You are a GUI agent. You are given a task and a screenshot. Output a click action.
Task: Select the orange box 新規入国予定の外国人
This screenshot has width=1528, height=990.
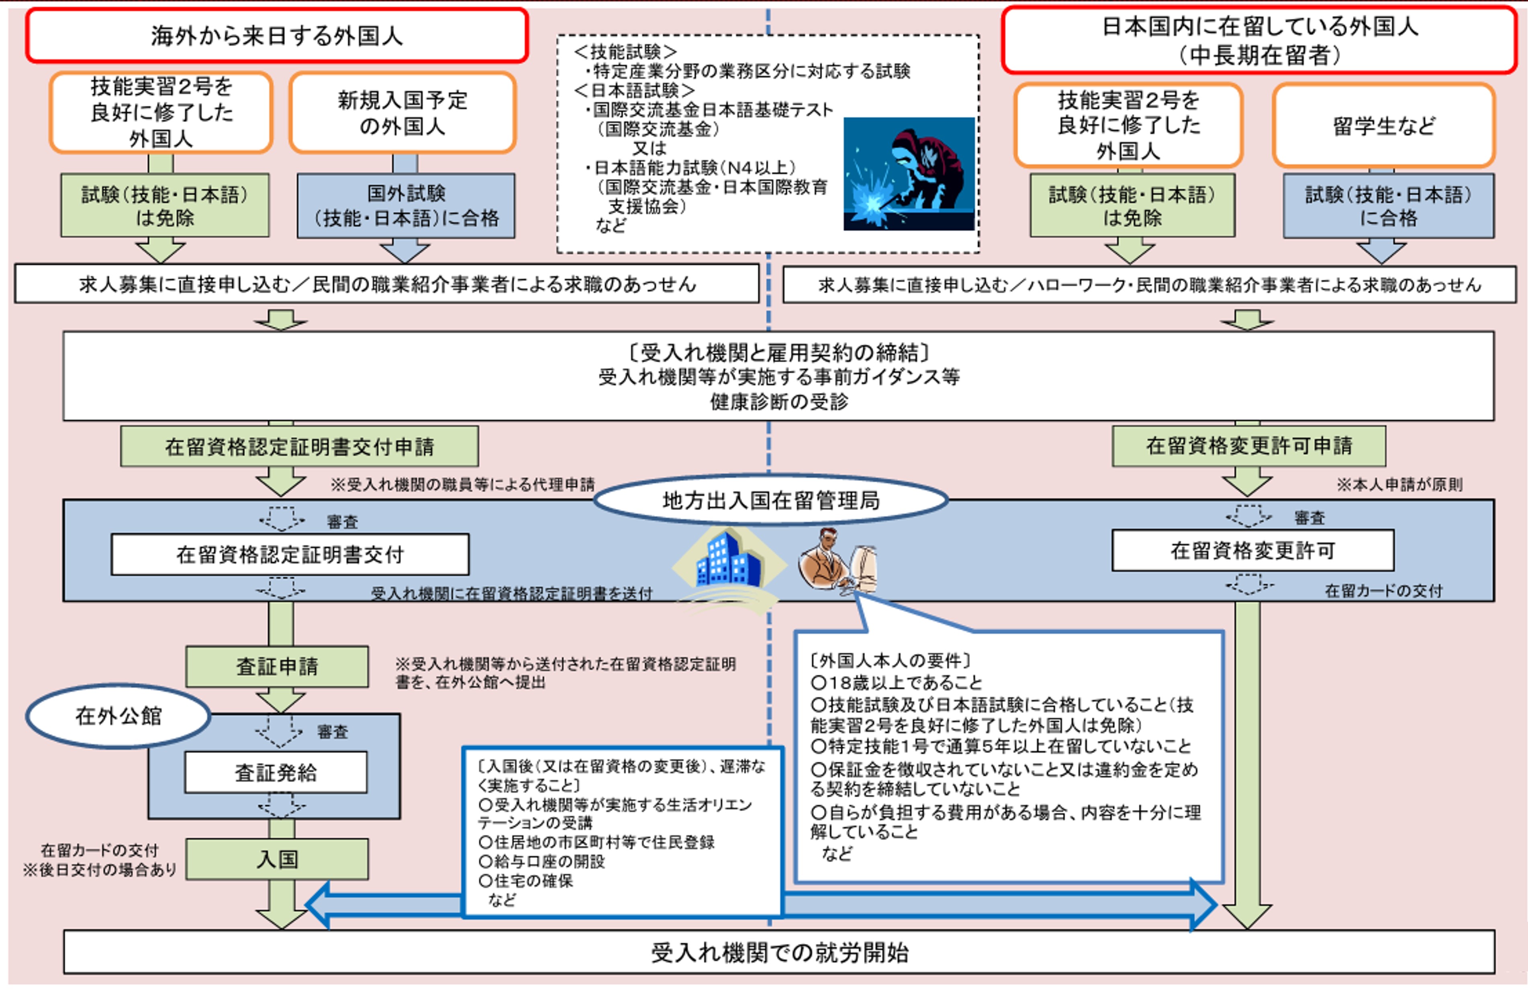pos(402,113)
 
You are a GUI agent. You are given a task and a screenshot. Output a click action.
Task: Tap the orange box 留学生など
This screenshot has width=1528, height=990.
pos(1383,126)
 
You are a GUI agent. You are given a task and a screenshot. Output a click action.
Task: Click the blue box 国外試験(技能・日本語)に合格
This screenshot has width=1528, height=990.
pos(406,206)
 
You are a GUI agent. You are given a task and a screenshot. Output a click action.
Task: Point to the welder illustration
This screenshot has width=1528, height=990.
pos(909,174)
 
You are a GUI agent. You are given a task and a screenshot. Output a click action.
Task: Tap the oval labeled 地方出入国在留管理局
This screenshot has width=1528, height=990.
pos(770,500)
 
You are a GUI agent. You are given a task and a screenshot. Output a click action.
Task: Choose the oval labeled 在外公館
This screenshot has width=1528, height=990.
pos(119,715)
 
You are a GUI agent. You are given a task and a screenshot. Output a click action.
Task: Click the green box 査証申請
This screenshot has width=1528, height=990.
pos(277,666)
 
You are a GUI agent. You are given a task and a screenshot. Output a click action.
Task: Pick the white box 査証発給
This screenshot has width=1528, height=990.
pos(276,772)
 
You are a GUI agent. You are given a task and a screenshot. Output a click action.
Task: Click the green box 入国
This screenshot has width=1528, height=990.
pos(277,859)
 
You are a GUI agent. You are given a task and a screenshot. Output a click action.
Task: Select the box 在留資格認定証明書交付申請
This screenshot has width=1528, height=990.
pos(299,446)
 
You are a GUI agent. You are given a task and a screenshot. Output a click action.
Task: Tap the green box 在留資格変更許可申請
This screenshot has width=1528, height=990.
pos(1249,445)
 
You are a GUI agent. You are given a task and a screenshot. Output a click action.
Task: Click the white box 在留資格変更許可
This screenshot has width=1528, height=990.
pos(1252,550)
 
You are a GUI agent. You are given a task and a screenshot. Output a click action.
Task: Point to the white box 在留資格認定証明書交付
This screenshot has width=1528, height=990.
pos(290,554)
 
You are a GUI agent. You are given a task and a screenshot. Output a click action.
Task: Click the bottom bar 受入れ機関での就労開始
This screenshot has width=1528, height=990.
pos(779,952)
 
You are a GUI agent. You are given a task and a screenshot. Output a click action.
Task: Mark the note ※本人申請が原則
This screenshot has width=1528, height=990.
pos(1399,485)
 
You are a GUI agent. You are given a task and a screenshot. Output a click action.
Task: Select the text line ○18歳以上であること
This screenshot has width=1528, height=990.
pos(896,682)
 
